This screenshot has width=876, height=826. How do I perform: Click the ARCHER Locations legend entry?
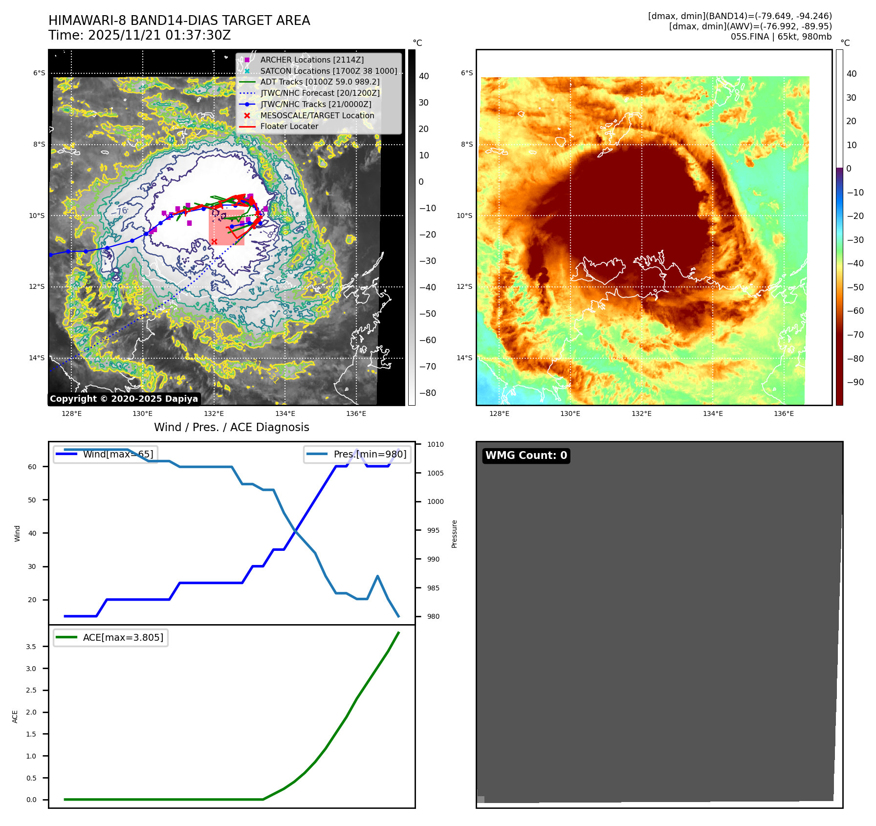pyautogui.click(x=312, y=60)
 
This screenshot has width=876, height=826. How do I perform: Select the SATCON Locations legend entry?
pyautogui.click(x=328, y=71)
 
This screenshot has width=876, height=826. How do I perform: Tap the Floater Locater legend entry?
pyautogui.click(x=289, y=126)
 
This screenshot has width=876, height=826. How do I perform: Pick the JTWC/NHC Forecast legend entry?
pyautogui.click(x=320, y=93)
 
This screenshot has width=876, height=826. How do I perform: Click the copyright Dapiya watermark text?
pyautogui.click(x=124, y=399)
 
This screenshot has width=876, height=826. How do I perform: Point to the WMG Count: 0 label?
pyautogui.click(x=526, y=456)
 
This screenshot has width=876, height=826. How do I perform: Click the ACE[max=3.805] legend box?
pyautogui.click(x=111, y=637)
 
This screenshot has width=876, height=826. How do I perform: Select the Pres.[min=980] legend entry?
pyautogui.click(x=357, y=454)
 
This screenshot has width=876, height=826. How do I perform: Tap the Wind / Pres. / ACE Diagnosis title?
pyautogui.click(x=231, y=427)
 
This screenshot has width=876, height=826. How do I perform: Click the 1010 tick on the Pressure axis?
pyautogui.click(x=435, y=444)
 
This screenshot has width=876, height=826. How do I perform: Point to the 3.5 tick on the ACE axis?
pyautogui.click(x=31, y=647)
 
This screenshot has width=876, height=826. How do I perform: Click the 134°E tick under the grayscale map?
pyautogui.click(x=285, y=413)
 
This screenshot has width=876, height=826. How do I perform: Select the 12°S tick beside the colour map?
pyautogui.click(x=464, y=286)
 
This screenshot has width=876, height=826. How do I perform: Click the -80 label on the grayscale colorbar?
pyautogui.click(x=427, y=393)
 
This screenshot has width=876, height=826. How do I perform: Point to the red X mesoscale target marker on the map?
pyautogui.click(x=214, y=241)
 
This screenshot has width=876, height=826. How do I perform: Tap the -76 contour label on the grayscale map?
pyautogui.click(x=119, y=211)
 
